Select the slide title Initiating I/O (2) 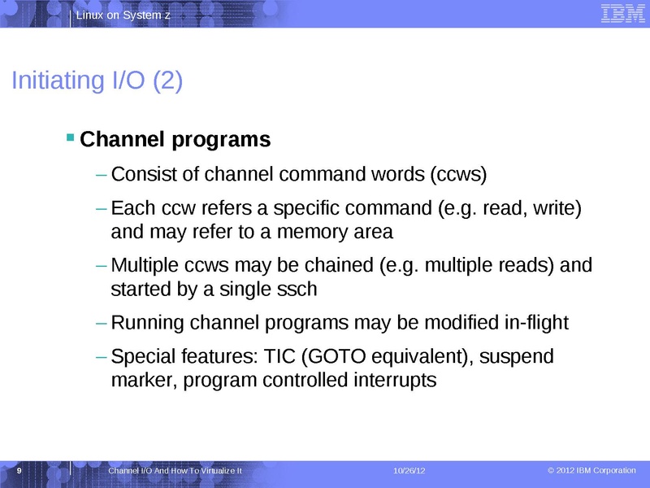pos(96,81)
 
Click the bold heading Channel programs pos(176,140)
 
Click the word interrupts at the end pos(388,380)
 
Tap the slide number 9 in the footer pos(19,471)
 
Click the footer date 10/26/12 pos(409,472)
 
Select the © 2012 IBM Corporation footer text pos(591,471)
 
